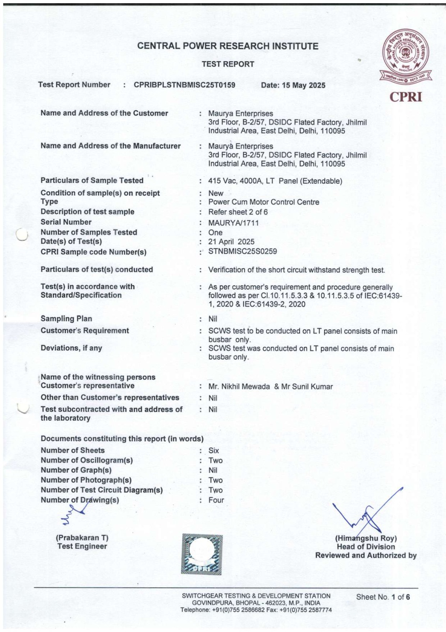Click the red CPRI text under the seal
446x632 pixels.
pos(406,97)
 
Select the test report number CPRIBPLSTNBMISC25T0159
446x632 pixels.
pos(184,85)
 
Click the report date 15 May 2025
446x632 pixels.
pos(293,85)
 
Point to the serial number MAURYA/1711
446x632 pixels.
pos(233,223)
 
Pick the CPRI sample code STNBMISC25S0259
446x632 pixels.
pos(242,251)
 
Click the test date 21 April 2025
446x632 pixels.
pos(231,242)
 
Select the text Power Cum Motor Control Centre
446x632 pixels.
pos(264,202)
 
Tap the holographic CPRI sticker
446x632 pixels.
pos(202,554)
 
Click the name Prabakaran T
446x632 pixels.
pos(82,538)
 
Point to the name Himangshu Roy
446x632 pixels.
pos(366,538)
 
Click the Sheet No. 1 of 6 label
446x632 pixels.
pos(383,597)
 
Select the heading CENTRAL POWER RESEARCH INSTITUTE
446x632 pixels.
pos(228,46)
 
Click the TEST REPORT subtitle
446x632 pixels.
pos(228,64)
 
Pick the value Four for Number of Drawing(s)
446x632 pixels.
pos(216,500)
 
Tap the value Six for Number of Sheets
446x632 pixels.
pos(214,450)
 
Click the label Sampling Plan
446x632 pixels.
pos(66,319)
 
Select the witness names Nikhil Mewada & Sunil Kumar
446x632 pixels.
pos(270,387)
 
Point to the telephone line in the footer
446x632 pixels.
pos(256,610)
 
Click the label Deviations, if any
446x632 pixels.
pos(71,348)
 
